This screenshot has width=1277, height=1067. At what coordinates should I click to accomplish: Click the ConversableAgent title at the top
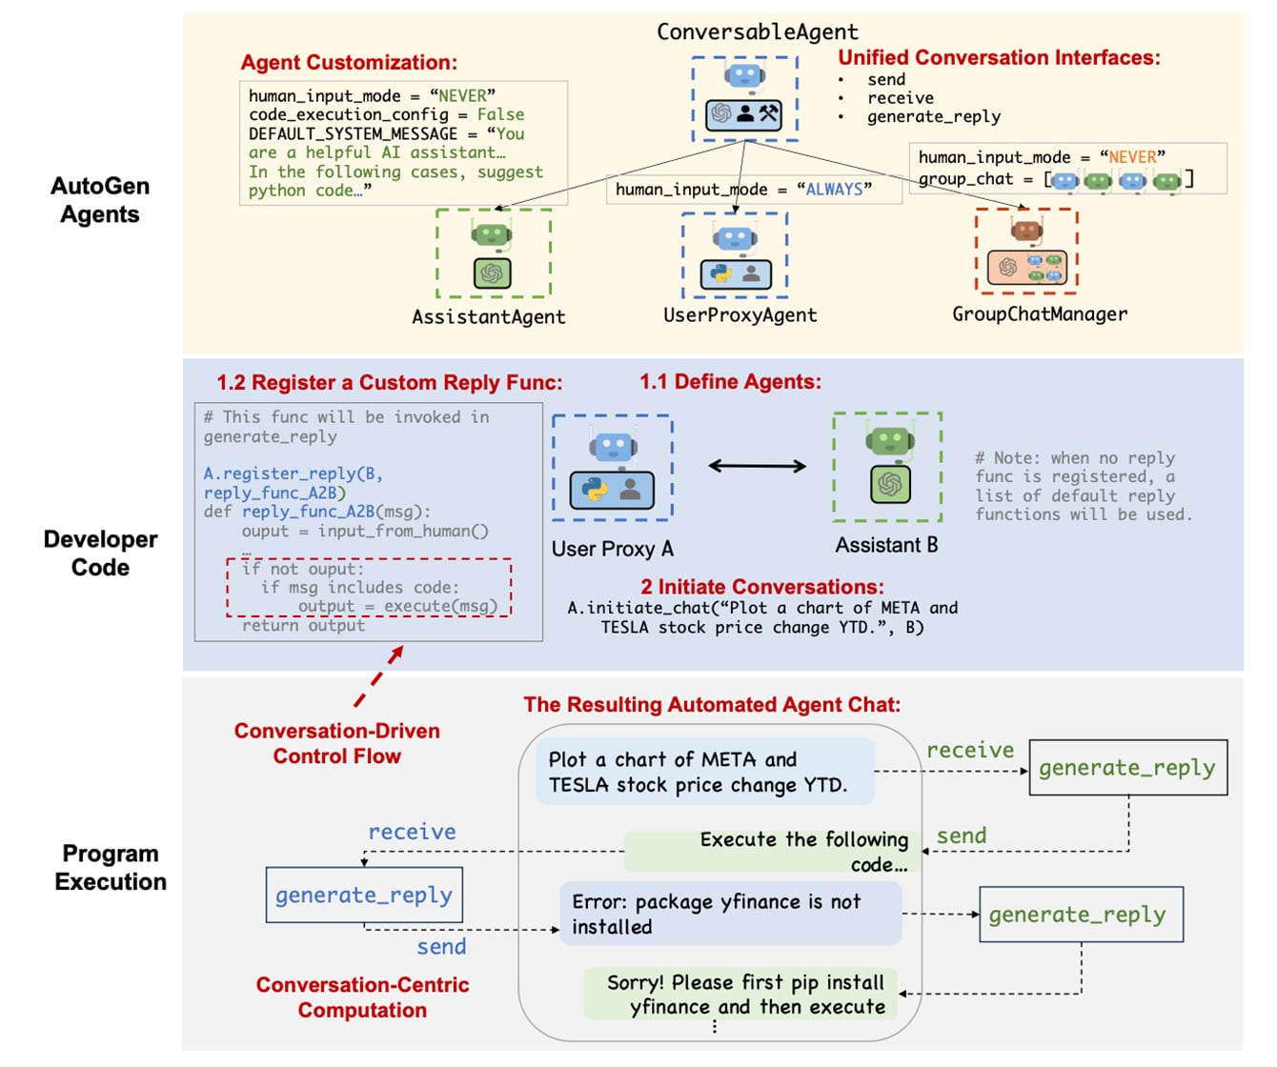(x=758, y=32)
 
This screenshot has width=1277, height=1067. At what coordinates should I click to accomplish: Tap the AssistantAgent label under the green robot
(x=488, y=317)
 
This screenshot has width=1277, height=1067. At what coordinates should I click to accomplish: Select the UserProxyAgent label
(x=740, y=315)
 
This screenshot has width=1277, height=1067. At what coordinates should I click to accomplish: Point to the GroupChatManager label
(x=1039, y=314)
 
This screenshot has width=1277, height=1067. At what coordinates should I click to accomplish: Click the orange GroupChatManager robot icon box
(x=1026, y=251)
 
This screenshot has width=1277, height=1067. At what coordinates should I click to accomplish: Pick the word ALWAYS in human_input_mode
(x=834, y=190)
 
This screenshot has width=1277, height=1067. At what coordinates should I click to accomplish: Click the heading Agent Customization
(x=349, y=63)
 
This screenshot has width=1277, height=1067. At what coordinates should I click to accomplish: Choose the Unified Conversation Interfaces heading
(x=999, y=58)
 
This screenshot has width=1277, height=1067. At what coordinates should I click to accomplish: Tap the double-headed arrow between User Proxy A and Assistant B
(x=757, y=466)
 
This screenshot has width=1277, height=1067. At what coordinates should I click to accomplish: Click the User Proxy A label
(x=612, y=549)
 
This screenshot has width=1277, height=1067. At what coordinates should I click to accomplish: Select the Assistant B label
(x=886, y=546)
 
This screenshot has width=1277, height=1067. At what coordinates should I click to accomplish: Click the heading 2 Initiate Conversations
(x=761, y=587)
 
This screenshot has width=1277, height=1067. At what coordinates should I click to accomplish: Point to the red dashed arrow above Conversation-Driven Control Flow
(x=379, y=676)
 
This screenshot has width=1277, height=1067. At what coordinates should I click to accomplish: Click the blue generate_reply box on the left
(x=364, y=895)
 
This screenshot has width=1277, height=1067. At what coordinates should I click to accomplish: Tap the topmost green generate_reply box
(x=1127, y=768)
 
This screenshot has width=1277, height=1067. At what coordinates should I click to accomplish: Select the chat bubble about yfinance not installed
(x=730, y=914)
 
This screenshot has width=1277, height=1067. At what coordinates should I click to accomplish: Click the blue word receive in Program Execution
(x=412, y=833)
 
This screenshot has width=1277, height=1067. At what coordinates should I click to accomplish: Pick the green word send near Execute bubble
(x=961, y=836)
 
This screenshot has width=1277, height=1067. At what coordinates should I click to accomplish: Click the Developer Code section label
(x=100, y=554)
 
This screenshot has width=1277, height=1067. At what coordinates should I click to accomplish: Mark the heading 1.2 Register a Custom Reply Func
(x=389, y=383)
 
